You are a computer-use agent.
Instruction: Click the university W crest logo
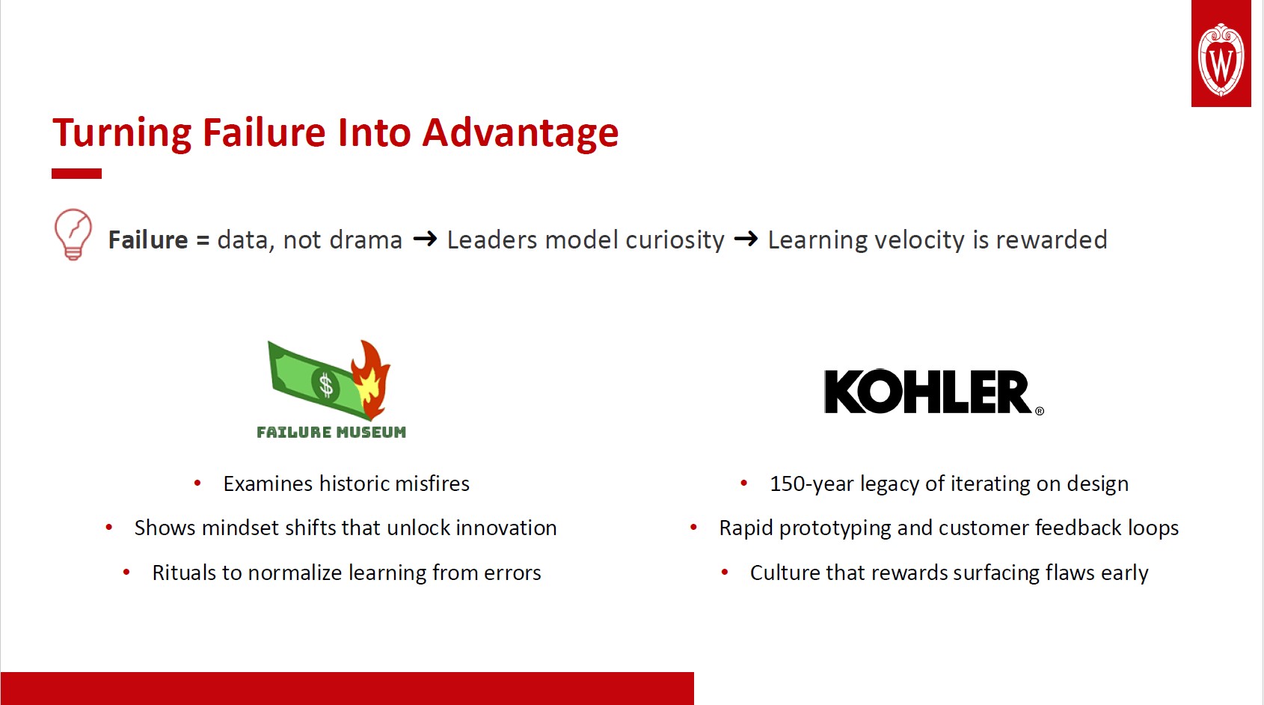(x=1221, y=58)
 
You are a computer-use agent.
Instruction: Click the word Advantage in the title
(x=521, y=133)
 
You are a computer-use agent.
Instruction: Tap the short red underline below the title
(x=77, y=174)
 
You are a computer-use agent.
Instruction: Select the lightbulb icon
(x=73, y=234)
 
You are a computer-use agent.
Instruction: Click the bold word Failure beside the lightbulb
(x=148, y=240)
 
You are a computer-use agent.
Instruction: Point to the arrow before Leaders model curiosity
(x=425, y=239)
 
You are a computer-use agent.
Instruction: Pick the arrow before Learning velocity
(x=746, y=239)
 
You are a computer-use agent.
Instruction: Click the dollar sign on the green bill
(x=326, y=385)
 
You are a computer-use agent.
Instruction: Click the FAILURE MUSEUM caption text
(x=331, y=433)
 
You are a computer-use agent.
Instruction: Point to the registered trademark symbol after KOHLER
(x=1040, y=411)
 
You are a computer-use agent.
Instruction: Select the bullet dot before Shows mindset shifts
(x=109, y=528)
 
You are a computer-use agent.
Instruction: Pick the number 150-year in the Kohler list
(x=812, y=484)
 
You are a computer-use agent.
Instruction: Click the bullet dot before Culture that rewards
(x=725, y=573)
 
